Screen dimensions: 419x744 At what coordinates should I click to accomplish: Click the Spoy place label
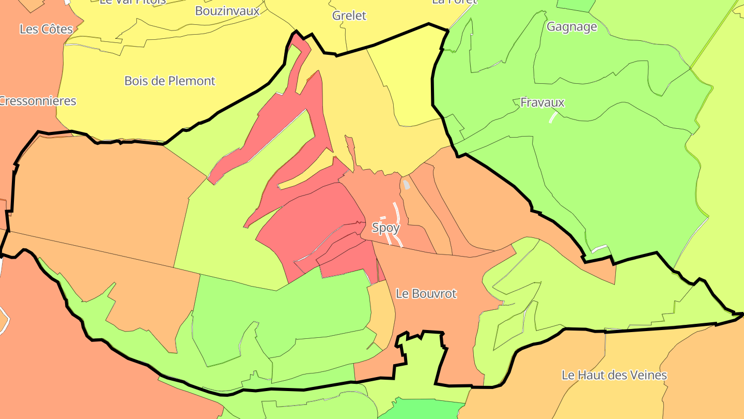pos(385,228)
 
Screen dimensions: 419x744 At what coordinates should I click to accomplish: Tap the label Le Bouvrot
pos(426,294)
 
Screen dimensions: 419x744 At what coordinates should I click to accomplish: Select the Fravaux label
pos(542,102)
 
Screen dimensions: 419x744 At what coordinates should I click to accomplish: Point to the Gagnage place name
pos(571,27)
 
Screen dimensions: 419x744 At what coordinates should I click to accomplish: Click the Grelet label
pos(349,16)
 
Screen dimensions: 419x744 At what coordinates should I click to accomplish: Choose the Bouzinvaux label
pos(227,10)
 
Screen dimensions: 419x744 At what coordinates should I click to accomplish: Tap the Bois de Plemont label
pos(169,81)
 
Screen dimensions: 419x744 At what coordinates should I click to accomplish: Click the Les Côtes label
pos(46,29)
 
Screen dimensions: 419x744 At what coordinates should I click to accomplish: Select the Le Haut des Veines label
pos(614,375)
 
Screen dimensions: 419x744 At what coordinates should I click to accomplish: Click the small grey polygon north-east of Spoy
pos(406,185)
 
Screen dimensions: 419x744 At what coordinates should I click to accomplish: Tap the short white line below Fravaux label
pos(553,117)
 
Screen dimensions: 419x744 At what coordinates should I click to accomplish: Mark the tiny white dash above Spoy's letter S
pos(383,218)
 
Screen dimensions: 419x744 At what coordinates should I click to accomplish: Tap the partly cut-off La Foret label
pos(454,2)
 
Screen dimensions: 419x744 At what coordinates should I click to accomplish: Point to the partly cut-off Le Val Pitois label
pos(132,2)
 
